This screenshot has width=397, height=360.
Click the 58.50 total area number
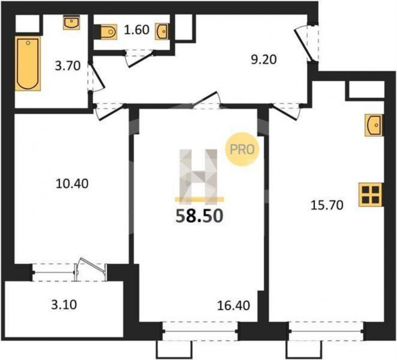pyautogui.click(x=199, y=216)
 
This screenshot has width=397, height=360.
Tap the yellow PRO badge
pyautogui.click(x=242, y=150)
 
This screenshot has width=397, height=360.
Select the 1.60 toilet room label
pyautogui.click(x=137, y=30)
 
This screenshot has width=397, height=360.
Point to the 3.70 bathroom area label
pyautogui.click(x=68, y=66)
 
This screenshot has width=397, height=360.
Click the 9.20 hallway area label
pyautogui.click(x=264, y=60)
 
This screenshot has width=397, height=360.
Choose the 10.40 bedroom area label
pyautogui.click(x=72, y=184)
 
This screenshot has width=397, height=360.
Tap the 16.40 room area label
pyautogui.click(x=234, y=306)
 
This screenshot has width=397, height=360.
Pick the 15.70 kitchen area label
pyautogui.click(x=327, y=205)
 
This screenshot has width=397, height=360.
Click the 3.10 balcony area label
pyautogui.click(x=64, y=305)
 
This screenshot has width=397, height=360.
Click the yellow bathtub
pyautogui.click(x=27, y=64)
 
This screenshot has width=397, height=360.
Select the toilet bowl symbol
pyautogui.click(x=109, y=32)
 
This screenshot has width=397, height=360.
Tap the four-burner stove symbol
pyautogui.click(x=370, y=195)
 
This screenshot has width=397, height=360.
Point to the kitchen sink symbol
pyautogui.click(x=373, y=125)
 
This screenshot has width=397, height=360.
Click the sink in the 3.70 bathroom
pyautogui.click(x=71, y=23)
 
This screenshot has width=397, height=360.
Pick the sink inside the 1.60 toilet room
pyautogui.click(x=162, y=31)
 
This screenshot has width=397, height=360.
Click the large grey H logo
pyautogui.click(x=198, y=176)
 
